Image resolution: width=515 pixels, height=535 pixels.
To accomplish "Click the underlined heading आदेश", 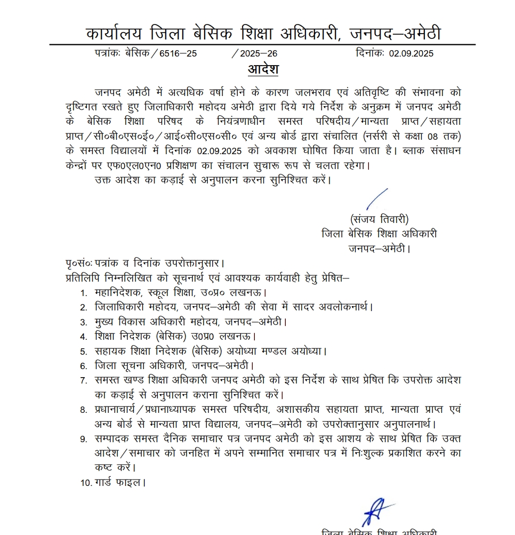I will tap(263, 69).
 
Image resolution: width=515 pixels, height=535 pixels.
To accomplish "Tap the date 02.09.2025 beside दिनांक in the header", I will tap(411, 53).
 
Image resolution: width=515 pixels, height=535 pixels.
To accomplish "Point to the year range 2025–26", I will tap(259, 53).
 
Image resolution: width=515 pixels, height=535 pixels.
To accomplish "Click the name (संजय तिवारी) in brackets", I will tap(379, 219).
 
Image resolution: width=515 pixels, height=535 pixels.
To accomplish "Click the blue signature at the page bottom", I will tap(375, 510).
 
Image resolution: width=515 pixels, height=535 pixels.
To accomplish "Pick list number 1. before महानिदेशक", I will tap(84, 293).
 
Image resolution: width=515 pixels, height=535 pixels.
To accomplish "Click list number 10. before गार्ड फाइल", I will tap(85, 483).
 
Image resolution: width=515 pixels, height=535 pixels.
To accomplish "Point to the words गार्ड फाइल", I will tap(120, 483).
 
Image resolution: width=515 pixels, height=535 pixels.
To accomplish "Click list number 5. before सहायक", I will tap(84, 352).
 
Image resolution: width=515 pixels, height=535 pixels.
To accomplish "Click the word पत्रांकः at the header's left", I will tap(108, 53).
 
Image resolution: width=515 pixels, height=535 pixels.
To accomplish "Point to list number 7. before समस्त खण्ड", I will tap(84, 381).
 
